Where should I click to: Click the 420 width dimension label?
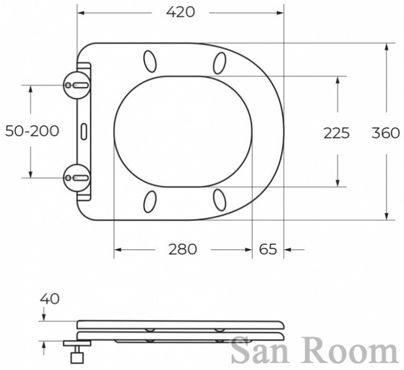click(x=180, y=12)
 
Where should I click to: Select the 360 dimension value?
click(x=385, y=133)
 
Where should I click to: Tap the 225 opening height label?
click(x=337, y=133)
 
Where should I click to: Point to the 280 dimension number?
click(x=183, y=250)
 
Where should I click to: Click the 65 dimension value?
click(x=268, y=250)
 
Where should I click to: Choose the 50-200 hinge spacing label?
click(x=32, y=131)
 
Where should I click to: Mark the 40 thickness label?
click(x=50, y=299)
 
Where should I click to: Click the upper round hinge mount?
click(x=77, y=85)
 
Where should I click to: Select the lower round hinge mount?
click(x=77, y=178)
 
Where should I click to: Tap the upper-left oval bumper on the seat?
click(x=150, y=61)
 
